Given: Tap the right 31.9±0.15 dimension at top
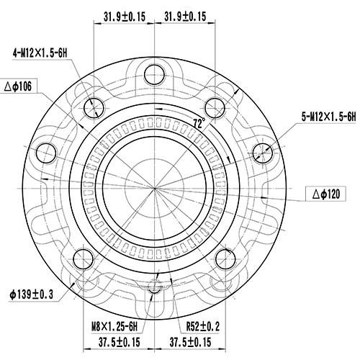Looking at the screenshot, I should coord(185,14).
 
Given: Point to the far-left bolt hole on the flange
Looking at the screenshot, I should coord(46,151).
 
